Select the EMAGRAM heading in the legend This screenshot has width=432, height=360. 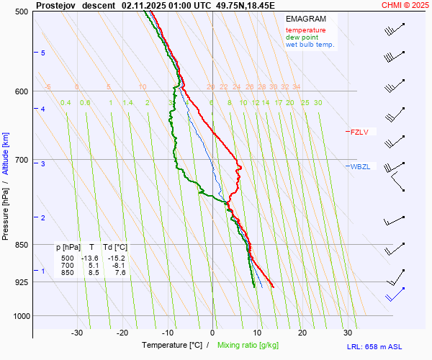[305, 19]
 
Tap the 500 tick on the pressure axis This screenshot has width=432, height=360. [22, 12]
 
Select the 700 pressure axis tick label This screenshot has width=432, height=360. [22, 160]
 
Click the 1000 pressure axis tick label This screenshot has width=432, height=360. [19, 316]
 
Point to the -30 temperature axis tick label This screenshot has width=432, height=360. [77, 333]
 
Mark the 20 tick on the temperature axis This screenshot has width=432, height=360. [302, 333]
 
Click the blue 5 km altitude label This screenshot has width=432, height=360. [42, 53]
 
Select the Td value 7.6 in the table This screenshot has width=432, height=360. [120, 273]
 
